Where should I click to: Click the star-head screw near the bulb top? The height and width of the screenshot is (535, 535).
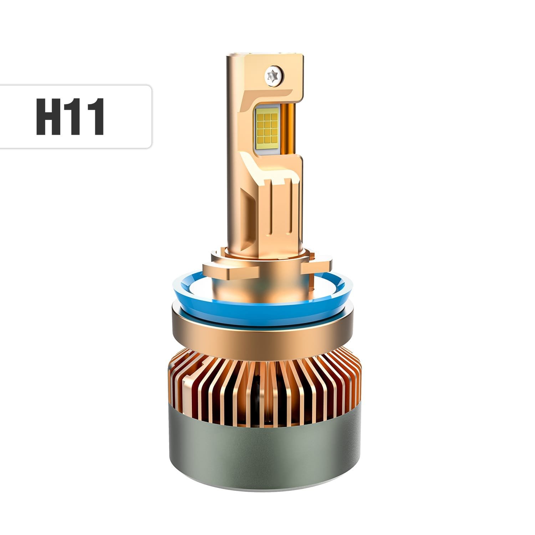pos(274,75)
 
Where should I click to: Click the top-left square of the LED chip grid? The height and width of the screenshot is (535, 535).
pos(259,113)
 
